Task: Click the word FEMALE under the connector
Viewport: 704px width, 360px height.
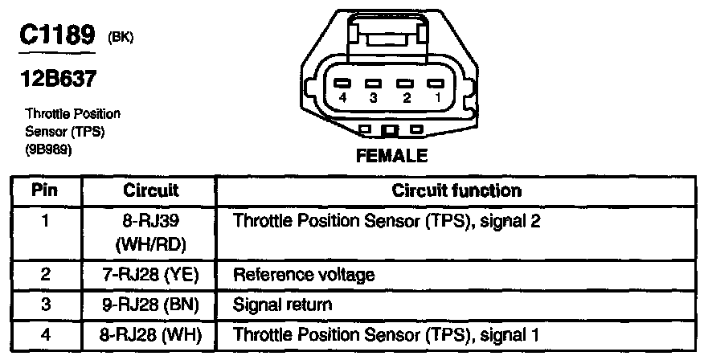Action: [391, 155]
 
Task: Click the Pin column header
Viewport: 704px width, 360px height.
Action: [45, 191]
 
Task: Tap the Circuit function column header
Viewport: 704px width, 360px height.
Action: [456, 191]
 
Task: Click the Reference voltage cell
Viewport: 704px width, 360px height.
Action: [304, 275]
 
